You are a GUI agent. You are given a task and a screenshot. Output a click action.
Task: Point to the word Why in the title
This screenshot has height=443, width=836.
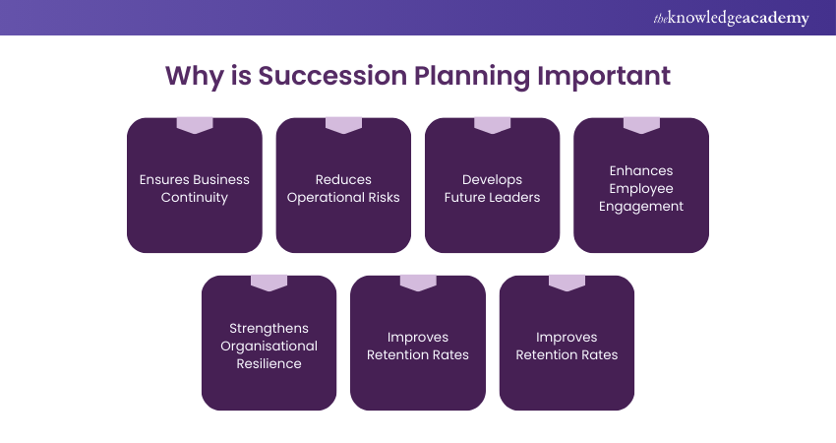coord(194,76)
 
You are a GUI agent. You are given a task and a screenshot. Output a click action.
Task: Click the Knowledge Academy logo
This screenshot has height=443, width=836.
coord(732,18)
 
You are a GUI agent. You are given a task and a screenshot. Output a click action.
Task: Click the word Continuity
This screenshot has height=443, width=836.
coord(195,197)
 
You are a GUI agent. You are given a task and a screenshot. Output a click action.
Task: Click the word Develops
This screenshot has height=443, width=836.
coord(492,179)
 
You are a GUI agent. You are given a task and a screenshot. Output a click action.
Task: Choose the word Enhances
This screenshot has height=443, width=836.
coord(641,170)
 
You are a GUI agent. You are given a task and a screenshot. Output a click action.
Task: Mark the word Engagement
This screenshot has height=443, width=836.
coord(641,206)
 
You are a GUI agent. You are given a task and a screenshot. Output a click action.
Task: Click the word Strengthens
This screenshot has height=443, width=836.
coord(269,328)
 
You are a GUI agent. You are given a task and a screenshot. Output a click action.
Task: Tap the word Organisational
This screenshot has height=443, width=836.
coord(269,346)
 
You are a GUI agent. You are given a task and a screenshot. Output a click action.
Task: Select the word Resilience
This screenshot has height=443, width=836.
coord(269,363)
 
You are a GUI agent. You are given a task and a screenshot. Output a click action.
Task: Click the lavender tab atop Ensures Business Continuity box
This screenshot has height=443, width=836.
coord(195,125)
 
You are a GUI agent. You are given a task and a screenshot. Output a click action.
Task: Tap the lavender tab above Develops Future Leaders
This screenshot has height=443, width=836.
coord(492,125)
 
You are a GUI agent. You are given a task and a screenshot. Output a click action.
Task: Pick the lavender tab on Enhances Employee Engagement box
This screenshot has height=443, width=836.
coord(641,125)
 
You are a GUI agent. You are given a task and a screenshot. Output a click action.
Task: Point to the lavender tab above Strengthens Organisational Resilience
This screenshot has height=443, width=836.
coord(269,283)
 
